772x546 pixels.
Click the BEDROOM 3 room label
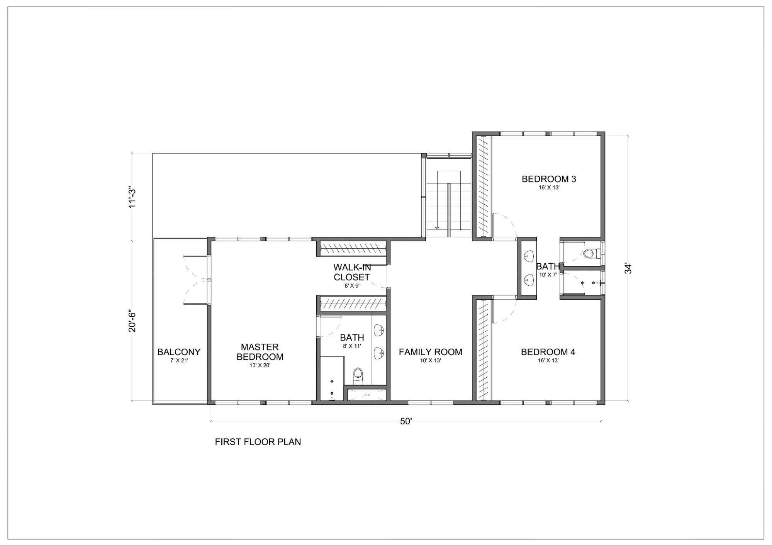click(549, 179)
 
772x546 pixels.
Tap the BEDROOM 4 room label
click(548, 352)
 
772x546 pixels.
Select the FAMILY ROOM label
click(431, 352)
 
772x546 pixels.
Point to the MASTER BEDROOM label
click(260, 352)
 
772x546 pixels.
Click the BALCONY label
click(179, 352)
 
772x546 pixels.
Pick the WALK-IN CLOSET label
click(352, 272)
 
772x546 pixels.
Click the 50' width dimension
click(406, 421)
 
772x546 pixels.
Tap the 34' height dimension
click(628, 269)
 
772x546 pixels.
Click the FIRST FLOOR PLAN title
click(258, 442)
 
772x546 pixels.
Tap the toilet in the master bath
click(358, 375)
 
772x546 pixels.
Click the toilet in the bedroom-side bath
click(591, 254)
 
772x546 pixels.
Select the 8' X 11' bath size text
click(352, 346)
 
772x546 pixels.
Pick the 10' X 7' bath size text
click(548, 275)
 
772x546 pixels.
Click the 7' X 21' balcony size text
click(179, 361)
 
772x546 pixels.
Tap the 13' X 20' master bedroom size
click(260, 365)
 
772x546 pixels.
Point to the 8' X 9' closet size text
click(352, 286)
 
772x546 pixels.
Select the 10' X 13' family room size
click(431, 361)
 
